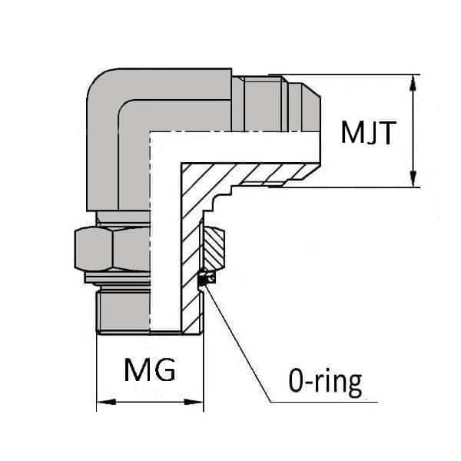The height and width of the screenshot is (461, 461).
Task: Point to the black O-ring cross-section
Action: point(204,280)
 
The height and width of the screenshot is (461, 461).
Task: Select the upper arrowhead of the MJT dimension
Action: point(415,81)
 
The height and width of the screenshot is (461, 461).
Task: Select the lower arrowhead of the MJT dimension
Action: point(415,180)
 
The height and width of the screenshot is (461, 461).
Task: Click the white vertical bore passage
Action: point(164,246)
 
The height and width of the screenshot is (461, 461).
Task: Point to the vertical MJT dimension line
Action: point(415,131)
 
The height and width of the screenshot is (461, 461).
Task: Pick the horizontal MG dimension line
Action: point(150,401)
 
